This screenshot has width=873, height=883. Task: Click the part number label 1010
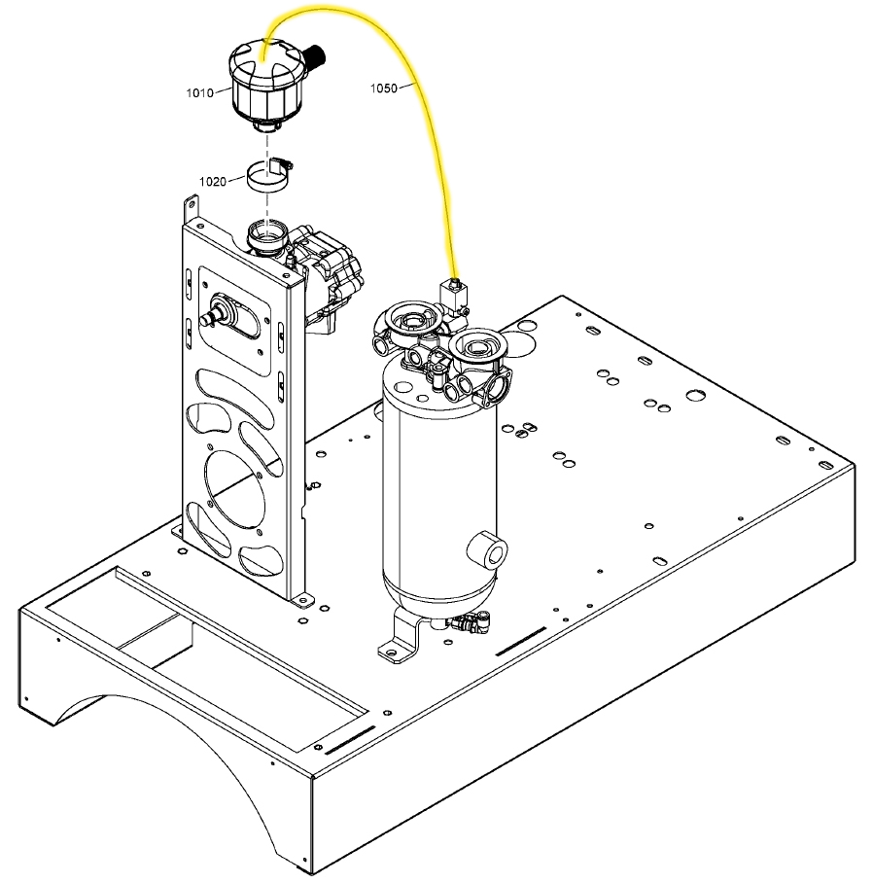[x=200, y=93]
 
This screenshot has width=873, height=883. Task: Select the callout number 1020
[x=213, y=181]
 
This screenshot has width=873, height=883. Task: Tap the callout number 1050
[x=384, y=88]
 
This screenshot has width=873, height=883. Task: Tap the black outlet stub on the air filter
[x=316, y=55]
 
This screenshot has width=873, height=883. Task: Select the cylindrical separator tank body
[x=439, y=490]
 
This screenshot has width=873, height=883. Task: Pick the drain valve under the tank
[x=470, y=622]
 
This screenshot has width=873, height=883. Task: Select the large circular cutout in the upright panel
[x=234, y=489]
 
